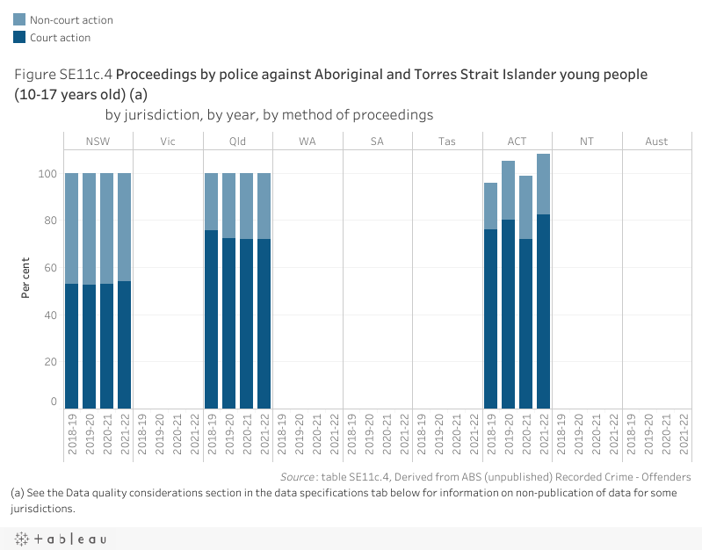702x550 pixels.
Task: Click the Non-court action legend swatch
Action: (19, 19)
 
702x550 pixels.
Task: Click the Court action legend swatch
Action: (19, 37)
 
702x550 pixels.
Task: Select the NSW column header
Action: (98, 141)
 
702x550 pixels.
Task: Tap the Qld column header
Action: (237, 141)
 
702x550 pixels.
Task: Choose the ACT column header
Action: (517, 141)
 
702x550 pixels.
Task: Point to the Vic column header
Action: (168, 141)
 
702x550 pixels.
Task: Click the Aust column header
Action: (656, 141)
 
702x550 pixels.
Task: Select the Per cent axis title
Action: (26, 277)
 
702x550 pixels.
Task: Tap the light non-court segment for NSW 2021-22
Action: (124, 227)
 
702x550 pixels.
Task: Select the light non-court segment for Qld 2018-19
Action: (212, 201)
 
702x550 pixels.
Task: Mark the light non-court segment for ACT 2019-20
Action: (508, 190)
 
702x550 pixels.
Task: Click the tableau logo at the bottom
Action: (60, 539)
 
